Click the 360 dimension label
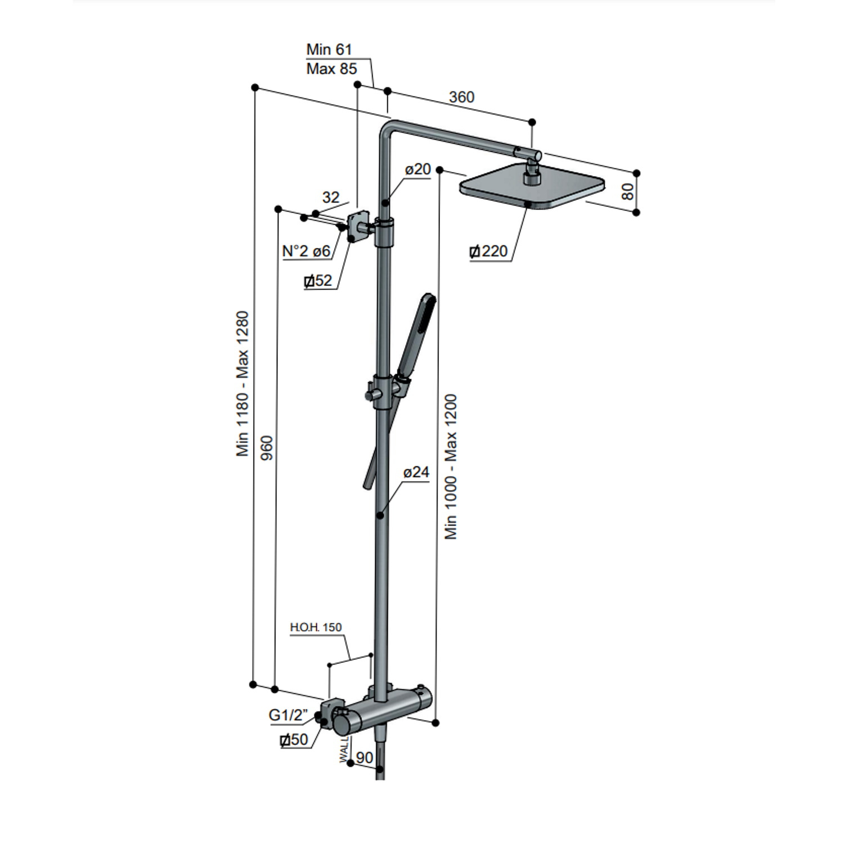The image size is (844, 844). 461,97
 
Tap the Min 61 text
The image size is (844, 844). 329,50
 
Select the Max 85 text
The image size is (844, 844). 331,69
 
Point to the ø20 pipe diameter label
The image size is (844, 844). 418,169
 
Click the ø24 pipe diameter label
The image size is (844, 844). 416,472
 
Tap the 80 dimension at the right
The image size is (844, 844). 628,191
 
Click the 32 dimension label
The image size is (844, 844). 331,197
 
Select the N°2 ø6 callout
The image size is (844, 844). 306,251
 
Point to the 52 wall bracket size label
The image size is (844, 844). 318,280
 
